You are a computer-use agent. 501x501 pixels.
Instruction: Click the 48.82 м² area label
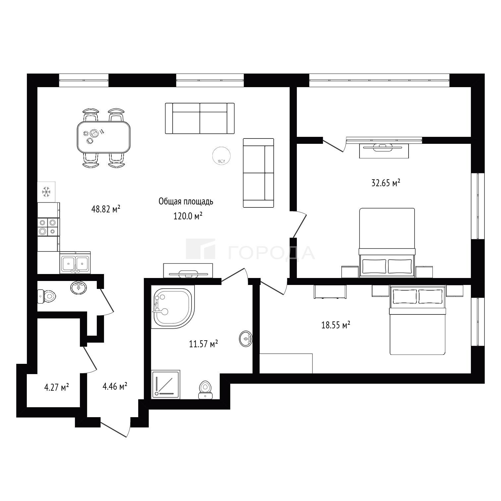(105, 209)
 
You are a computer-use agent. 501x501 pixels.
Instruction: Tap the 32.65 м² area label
(386, 183)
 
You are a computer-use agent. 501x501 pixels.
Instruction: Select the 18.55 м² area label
(336, 325)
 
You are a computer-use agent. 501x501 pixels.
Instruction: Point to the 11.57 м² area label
(203, 344)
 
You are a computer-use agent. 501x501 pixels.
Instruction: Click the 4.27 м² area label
(56, 387)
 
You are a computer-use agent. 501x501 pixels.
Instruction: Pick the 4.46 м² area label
(115, 386)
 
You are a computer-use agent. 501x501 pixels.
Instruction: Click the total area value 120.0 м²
(188, 216)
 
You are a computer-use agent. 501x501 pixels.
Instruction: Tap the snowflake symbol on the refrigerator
(46, 192)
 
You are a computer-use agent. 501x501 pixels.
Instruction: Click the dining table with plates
(103, 137)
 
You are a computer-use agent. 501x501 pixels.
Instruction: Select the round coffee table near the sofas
(221, 155)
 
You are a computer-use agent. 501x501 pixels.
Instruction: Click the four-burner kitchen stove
(48, 227)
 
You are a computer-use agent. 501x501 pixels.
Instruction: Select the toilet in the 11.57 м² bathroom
(206, 390)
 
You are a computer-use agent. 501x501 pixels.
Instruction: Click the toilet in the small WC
(46, 296)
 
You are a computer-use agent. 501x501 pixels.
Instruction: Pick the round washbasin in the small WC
(79, 287)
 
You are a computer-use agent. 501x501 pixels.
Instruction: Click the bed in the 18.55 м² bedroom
(417, 320)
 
